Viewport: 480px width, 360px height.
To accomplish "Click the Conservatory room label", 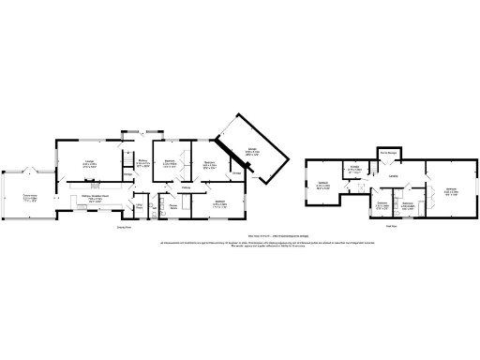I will click(x=30, y=196).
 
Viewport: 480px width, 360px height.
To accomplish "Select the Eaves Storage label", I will click(x=386, y=152).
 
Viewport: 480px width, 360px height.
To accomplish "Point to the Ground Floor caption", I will click(x=123, y=227).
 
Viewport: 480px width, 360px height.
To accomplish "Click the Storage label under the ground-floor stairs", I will click(x=128, y=173).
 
